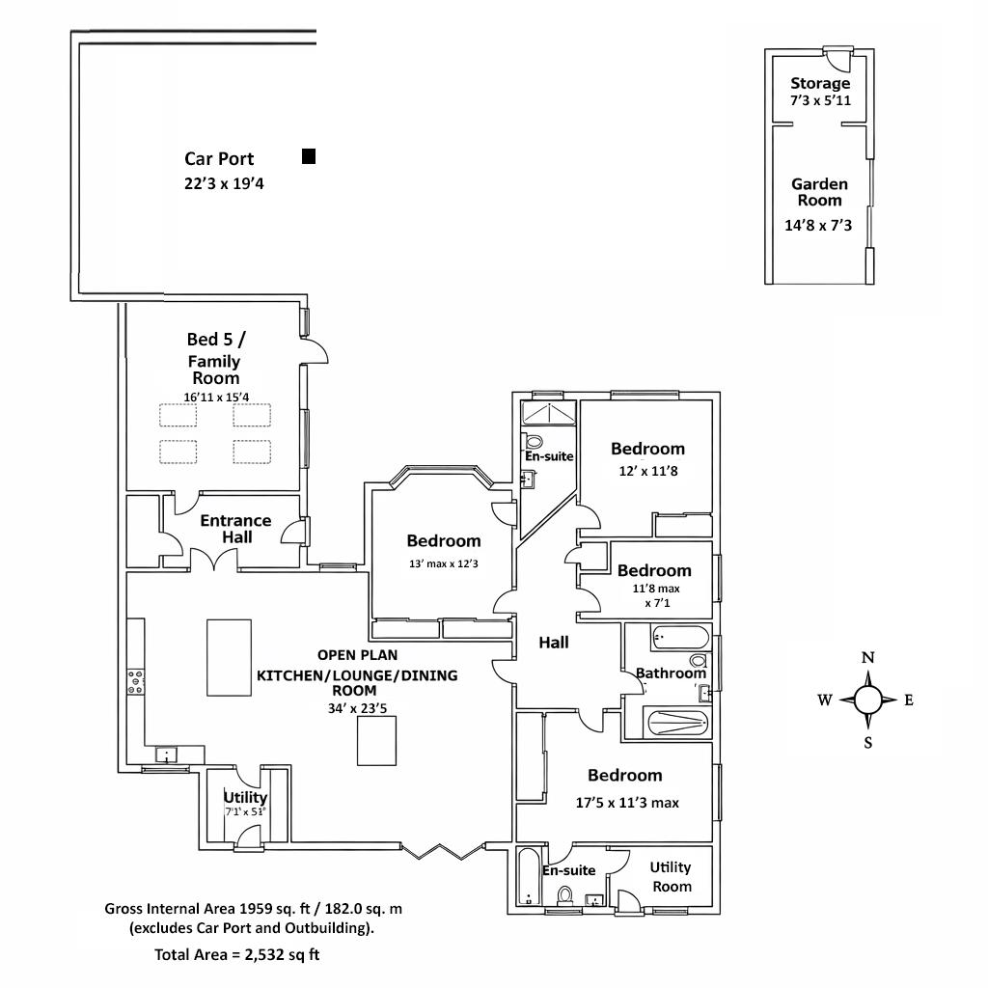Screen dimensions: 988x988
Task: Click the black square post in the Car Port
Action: coord(309,156)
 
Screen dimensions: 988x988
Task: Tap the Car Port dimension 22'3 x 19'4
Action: coord(224,183)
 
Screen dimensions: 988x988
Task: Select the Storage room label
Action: coord(820,83)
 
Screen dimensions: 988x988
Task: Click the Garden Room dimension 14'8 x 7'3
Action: coord(820,225)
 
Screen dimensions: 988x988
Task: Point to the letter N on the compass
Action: coord(867,658)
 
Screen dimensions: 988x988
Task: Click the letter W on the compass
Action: coord(825,700)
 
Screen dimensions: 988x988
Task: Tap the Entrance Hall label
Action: coord(235,528)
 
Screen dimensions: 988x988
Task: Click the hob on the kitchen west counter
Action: coord(136,681)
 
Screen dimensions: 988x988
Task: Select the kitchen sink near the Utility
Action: coord(168,755)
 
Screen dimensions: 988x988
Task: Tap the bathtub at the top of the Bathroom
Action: coord(680,638)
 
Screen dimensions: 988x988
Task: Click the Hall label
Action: coord(553,643)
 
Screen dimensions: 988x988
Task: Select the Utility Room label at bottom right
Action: coord(671,876)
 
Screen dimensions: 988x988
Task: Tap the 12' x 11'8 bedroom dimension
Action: coord(647,472)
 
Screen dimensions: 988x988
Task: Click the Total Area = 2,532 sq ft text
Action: coord(237,956)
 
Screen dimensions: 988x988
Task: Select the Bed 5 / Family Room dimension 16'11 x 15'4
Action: coord(216,397)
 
